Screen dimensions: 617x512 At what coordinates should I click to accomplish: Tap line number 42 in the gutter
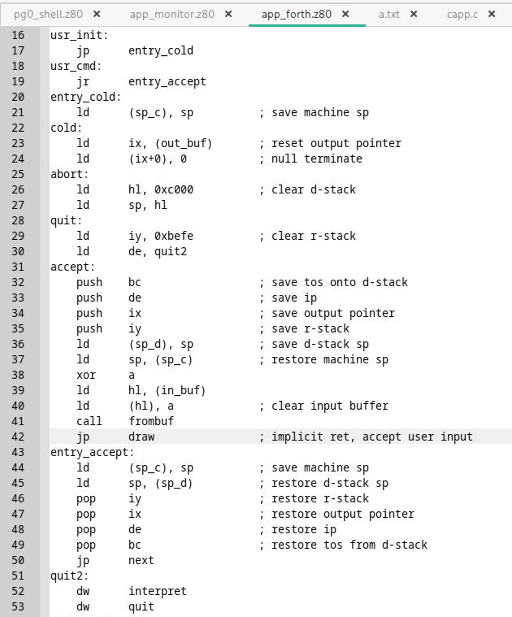19,437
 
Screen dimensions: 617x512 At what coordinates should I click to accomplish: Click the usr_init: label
80,35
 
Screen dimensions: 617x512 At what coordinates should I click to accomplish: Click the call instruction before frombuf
89,421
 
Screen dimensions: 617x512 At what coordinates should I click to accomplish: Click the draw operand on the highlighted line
142,437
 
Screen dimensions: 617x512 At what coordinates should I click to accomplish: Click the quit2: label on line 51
70,576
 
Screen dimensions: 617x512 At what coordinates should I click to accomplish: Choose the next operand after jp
141,560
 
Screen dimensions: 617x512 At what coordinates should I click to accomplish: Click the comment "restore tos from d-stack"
349,545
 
